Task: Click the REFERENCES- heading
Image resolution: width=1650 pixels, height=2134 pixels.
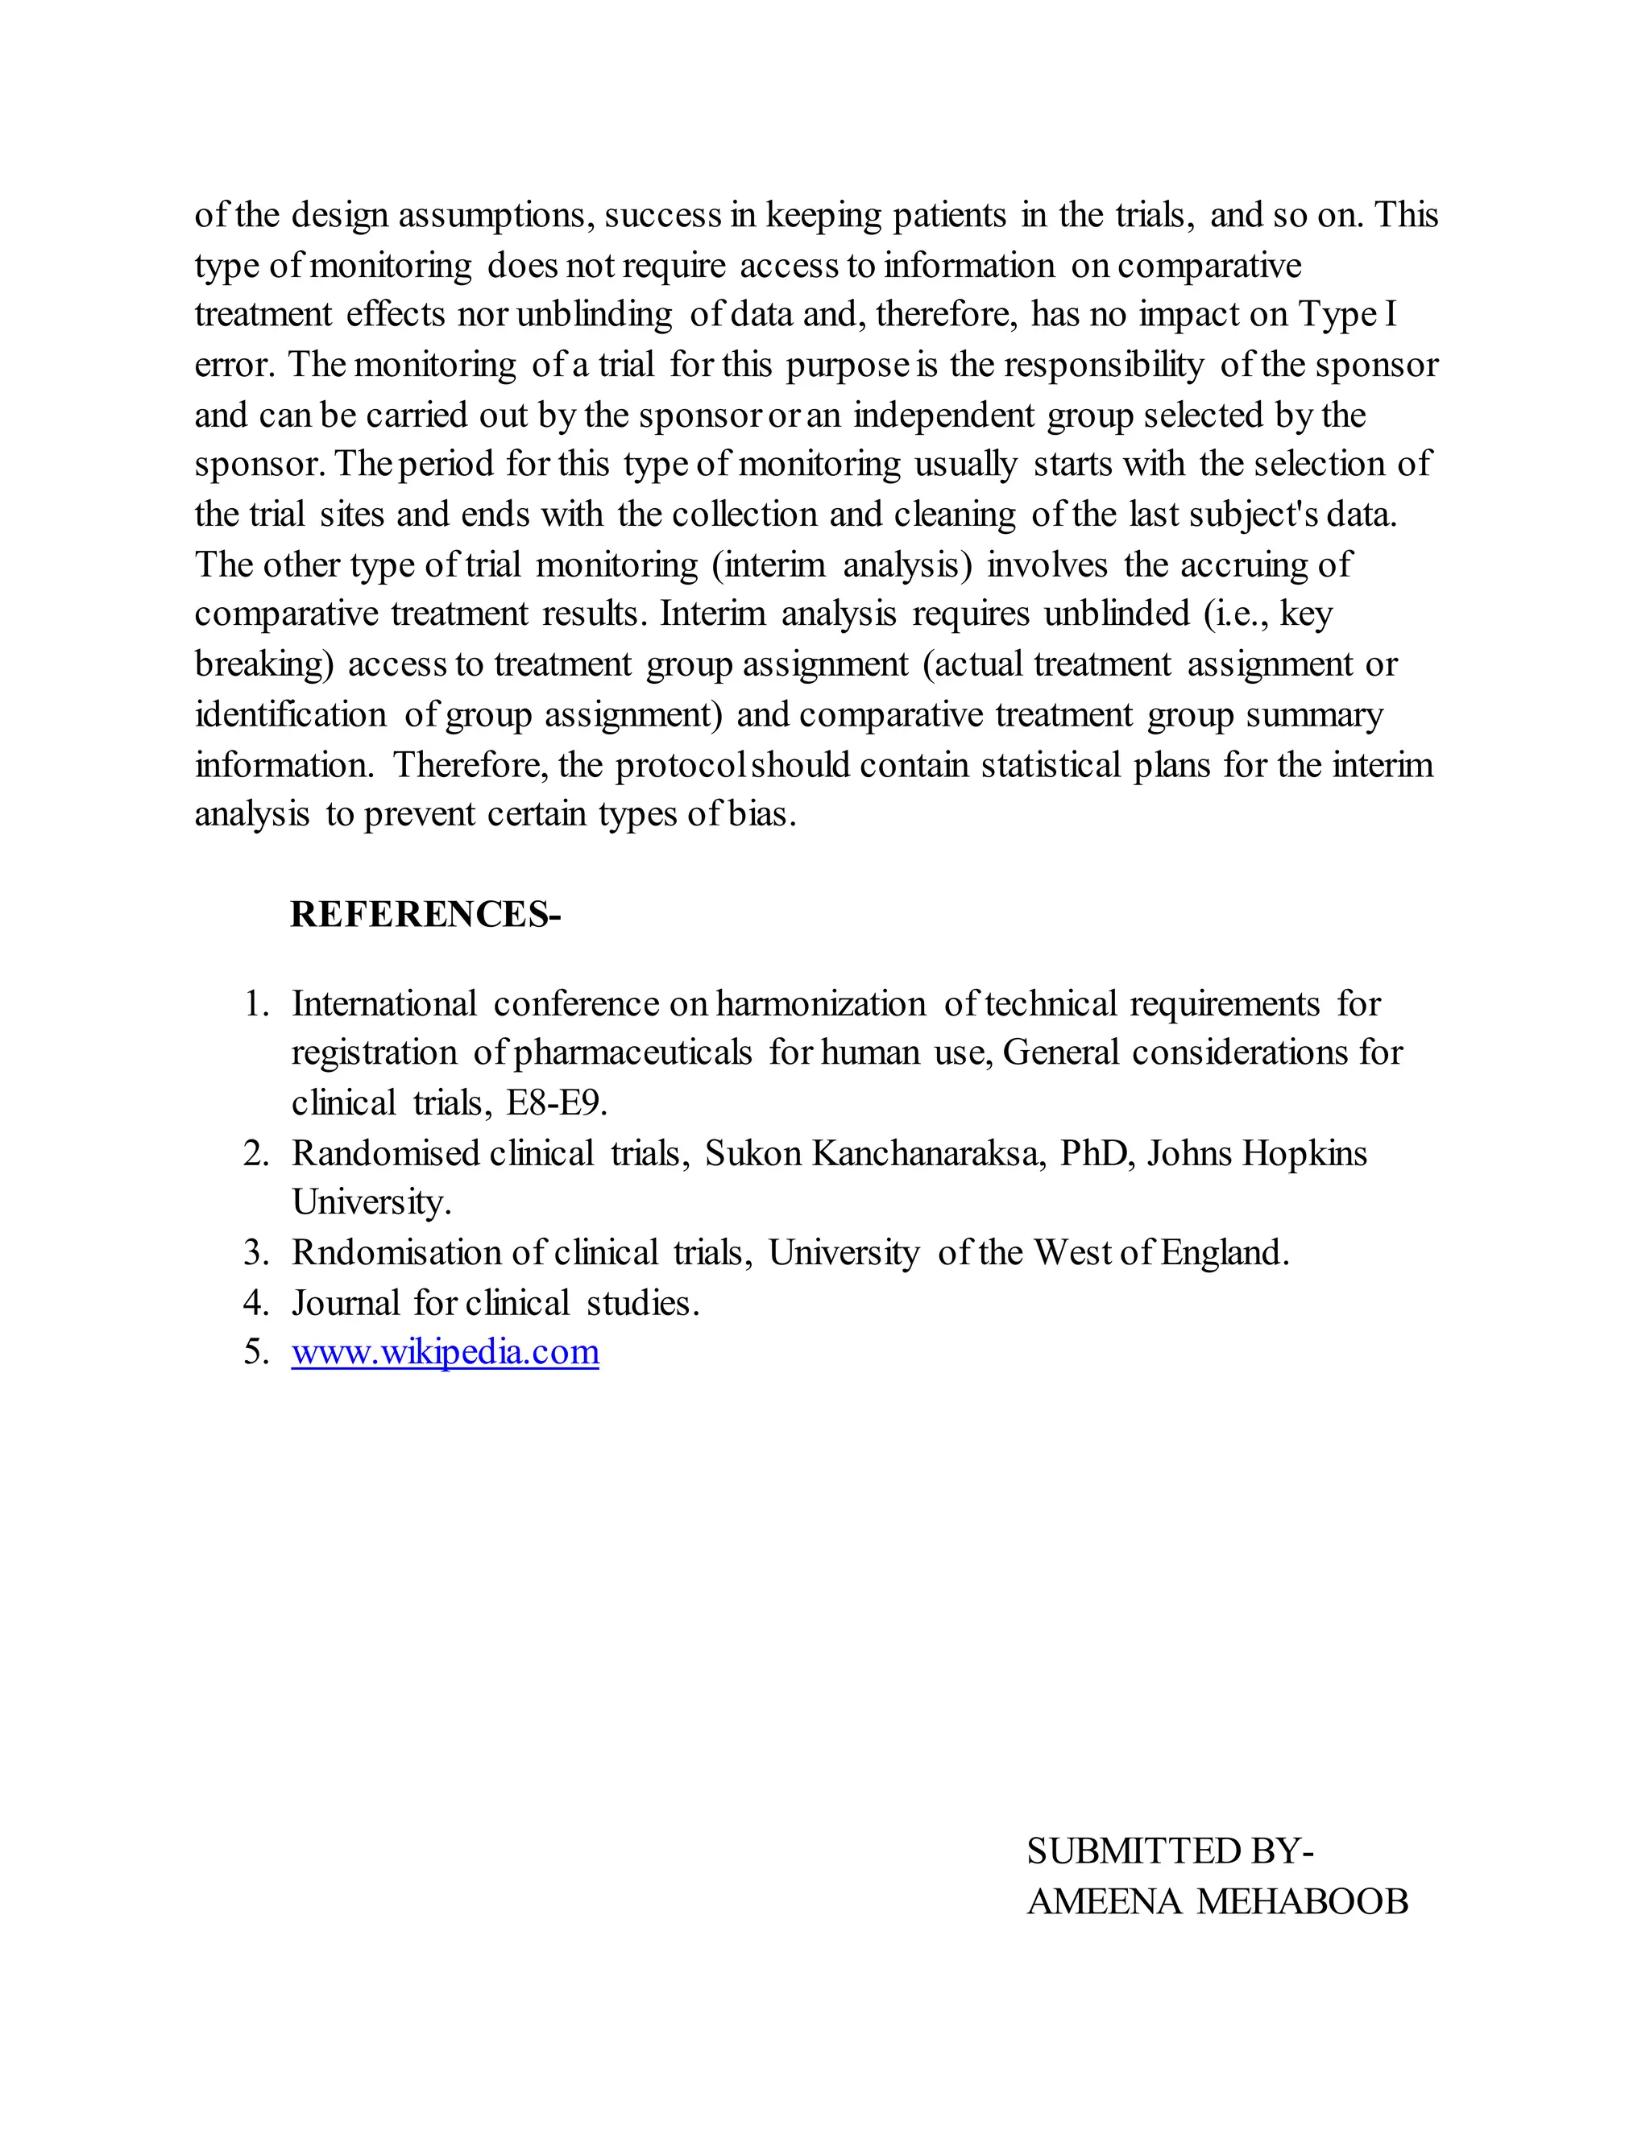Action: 425,915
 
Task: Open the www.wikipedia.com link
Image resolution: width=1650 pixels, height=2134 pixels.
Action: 445,1352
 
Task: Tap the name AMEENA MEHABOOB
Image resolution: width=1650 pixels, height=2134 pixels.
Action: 1217,1901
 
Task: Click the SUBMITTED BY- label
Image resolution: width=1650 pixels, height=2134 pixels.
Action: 1169,1851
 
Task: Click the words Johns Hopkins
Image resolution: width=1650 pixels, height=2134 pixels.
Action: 1257,1154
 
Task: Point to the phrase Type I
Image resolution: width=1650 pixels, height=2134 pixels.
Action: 1347,315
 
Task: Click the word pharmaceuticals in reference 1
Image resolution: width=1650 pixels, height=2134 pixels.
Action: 632,1053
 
